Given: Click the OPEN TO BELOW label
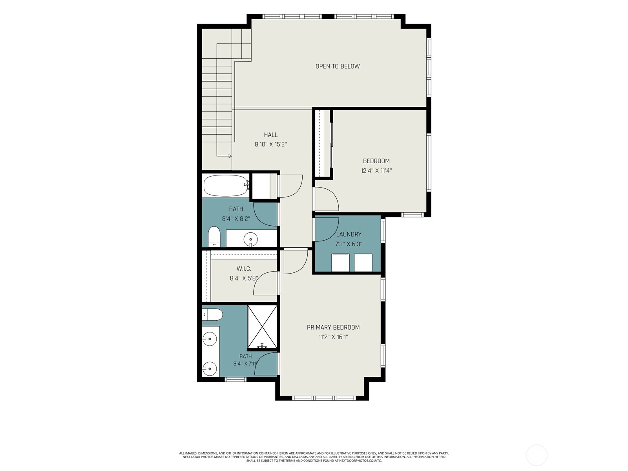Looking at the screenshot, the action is click(338, 66).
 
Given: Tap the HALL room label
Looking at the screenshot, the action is click(271, 135).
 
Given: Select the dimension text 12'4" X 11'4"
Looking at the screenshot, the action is click(376, 171).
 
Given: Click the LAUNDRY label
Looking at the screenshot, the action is click(349, 234).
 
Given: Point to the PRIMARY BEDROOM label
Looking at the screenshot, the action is click(333, 327).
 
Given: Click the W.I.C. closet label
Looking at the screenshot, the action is click(244, 269).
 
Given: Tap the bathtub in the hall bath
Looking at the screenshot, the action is click(226, 186).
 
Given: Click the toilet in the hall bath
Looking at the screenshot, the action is click(214, 237).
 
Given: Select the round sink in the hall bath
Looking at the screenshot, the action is click(251, 239).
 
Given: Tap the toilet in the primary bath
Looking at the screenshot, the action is click(212, 315).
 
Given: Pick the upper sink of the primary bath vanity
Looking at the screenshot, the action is click(210, 339).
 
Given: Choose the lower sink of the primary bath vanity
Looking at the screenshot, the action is click(210, 369).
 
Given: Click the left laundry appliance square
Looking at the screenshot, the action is click(340, 263).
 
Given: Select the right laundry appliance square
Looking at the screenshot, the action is click(363, 263).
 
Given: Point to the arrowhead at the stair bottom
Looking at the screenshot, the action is click(230, 156).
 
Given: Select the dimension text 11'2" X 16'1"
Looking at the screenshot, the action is click(333, 337).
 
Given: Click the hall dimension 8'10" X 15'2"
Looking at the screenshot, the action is click(271, 144).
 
